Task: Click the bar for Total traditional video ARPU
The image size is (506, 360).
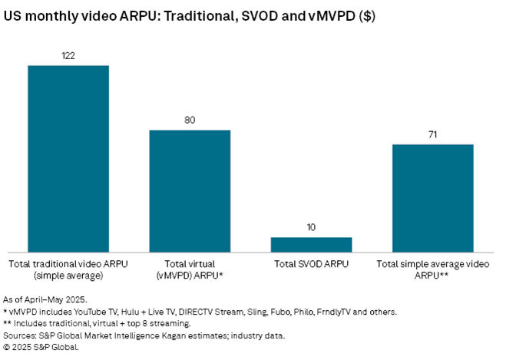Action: [x=68, y=157]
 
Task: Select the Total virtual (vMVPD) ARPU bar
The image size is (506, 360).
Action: [x=190, y=190]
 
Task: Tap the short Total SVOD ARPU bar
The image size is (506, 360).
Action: [x=311, y=243]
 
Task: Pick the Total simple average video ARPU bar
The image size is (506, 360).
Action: [x=432, y=197]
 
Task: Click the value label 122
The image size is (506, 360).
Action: [x=68, y=56]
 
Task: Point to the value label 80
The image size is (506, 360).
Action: [x=190, y=121]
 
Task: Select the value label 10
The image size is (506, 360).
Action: [x=311, y=228]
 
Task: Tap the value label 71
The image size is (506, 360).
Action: [x=432, y=135]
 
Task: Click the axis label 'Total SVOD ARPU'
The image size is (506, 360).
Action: [x=311, y=264]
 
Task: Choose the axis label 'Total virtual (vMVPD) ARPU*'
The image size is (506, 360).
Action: [x=190, y=269]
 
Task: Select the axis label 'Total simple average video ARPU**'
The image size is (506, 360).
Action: [x=432, y=269]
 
